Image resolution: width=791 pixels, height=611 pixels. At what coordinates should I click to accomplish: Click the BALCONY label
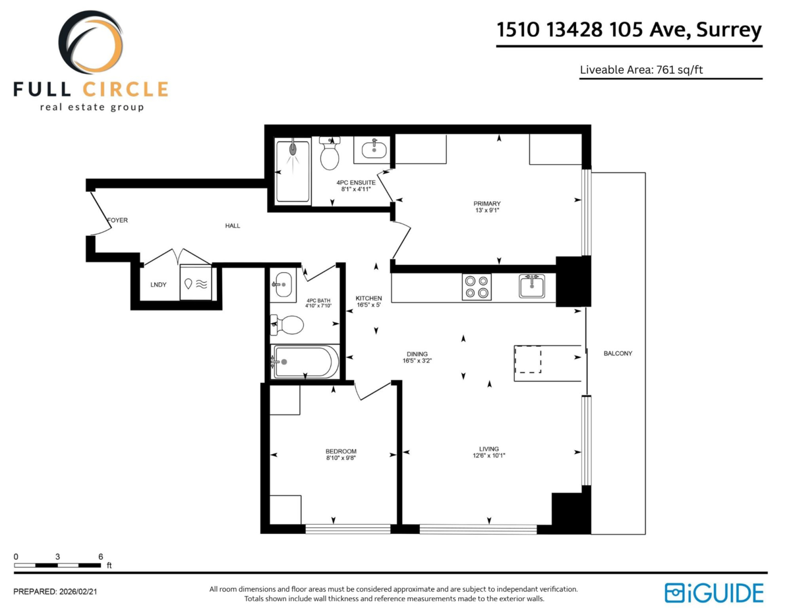pos(618,354)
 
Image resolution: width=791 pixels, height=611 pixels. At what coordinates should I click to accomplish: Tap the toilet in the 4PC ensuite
pos(329,155)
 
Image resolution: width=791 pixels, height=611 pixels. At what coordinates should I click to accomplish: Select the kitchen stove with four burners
pos(477,287)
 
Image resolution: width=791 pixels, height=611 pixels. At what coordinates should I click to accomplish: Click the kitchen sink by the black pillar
pos(532,286)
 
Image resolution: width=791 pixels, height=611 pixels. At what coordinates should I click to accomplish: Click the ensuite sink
pos(373,149)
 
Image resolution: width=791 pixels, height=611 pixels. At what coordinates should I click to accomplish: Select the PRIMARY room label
pos(487,204)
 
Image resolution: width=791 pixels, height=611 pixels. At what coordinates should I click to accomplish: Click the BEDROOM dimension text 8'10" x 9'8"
pos(341,457)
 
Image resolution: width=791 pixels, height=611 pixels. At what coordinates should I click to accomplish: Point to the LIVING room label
pos(489,448)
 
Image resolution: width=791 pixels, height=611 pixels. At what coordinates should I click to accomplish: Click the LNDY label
pos(158,285)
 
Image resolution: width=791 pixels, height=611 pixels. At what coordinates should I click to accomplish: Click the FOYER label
pos(118,220)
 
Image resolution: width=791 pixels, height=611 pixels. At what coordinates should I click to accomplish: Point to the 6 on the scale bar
pos(100,556)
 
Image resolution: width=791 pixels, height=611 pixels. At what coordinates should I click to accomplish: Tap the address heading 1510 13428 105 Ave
pos(629,30)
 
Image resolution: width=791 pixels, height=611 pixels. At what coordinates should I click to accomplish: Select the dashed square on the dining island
pos(527,360)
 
